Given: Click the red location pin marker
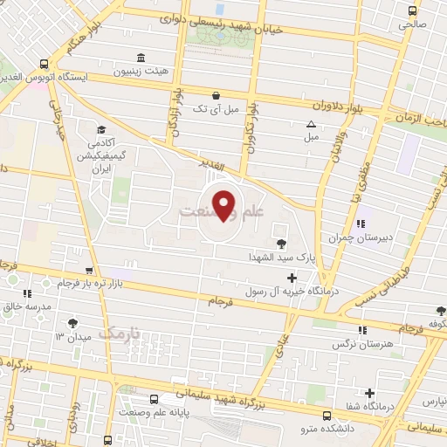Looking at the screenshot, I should point(224,204).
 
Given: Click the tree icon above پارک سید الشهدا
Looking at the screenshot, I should point(281,244).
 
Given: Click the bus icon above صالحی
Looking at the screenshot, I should point(413,10).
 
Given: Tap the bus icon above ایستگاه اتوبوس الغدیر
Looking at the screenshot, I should point(45,64).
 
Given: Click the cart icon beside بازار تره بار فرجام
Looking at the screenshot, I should point(87,271).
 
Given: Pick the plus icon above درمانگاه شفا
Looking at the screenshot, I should point(370,393).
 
